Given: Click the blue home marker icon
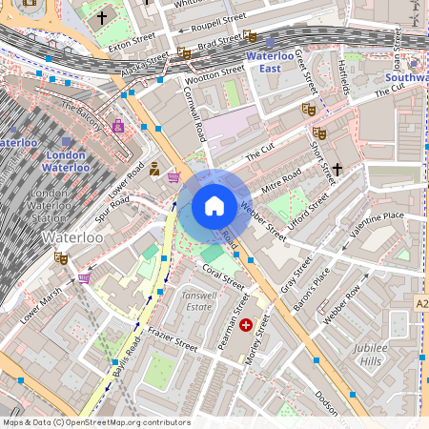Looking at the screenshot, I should coord(214,206).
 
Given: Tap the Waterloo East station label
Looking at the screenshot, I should coord(276,63).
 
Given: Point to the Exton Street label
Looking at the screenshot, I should coord(132,41).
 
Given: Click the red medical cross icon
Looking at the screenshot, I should coord(248,325).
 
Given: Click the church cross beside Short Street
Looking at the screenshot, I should coord(337,169).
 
